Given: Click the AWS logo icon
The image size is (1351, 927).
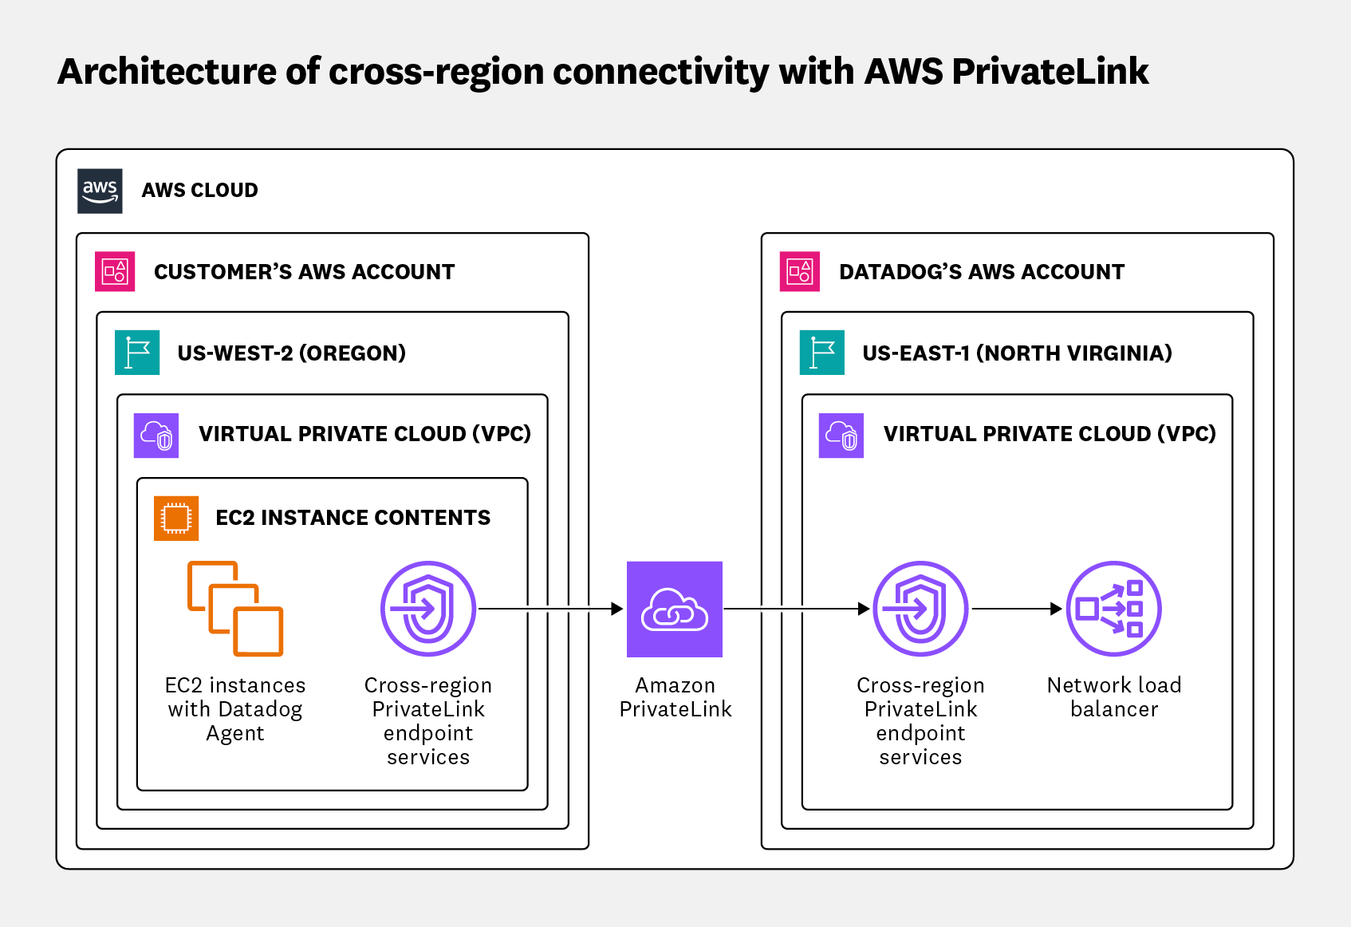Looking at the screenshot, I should click(x=100, y=191).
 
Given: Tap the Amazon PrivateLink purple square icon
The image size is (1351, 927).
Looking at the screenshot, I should click(x=674, y=609).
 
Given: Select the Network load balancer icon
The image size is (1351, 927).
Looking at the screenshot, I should click(x=1113, y=609).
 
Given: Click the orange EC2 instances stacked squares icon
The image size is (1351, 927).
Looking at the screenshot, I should click(x=235, y=609).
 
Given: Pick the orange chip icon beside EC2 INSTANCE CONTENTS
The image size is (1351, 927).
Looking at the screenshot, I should click(x=176, y=518).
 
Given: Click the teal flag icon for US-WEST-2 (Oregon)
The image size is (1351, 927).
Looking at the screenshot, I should click(x=137, y=353).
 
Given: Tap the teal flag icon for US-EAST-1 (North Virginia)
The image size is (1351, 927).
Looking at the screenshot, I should click(x=821, y=353).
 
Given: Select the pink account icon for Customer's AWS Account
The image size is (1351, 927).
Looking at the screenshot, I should click(x=115, y=272).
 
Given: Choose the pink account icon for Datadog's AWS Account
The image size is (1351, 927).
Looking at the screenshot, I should click(x=800, y=272).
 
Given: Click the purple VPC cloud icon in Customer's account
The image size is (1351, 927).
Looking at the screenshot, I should click(x=156, y=435).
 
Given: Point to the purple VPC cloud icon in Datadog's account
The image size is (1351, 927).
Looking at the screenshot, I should click(x=841, y=435).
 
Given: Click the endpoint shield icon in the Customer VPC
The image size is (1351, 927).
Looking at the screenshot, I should click(x=428, y=609).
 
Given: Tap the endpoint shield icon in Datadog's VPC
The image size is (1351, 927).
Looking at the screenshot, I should click(x=920, y=609).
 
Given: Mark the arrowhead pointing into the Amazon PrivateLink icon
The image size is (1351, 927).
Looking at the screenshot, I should click(x=616, y=609).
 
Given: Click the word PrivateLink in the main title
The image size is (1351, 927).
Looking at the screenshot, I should click(x=1050, y=72).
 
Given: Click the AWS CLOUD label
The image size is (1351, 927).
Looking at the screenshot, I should click(x=200, y=191).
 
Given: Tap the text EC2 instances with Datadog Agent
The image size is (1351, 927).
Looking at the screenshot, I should click(x=235, y=708).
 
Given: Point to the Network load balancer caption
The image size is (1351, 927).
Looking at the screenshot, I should click(x=1113, y=696).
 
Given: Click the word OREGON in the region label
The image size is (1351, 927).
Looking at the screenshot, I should click(x=352, y=353).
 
